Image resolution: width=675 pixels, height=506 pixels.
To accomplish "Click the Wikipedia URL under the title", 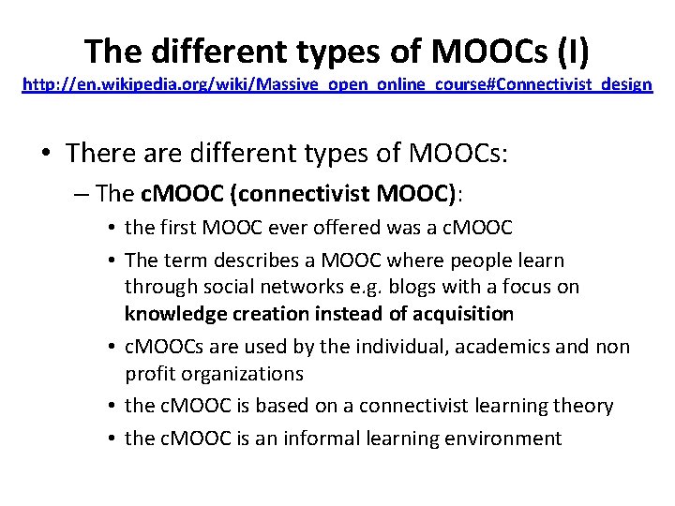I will (337, 85).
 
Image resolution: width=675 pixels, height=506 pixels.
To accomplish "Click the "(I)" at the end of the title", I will (571, 52).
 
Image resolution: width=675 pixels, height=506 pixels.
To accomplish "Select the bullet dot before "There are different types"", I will (49, 153).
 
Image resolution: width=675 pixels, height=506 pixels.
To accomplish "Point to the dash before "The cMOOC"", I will (82, 194).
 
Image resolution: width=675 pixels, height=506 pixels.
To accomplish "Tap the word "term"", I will (186, 260).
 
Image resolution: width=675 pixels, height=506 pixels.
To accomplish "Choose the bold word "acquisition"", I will (462, 314).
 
